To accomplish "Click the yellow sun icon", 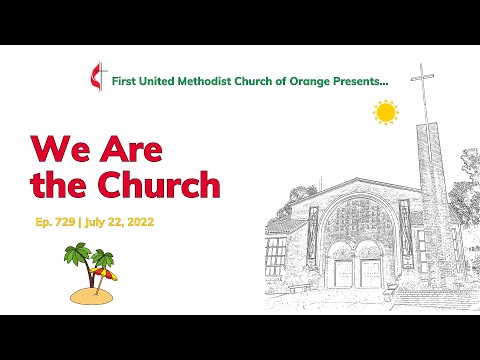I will point(385,112).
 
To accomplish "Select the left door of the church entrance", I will point(343,272).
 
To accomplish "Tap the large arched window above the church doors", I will point(355,225).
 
